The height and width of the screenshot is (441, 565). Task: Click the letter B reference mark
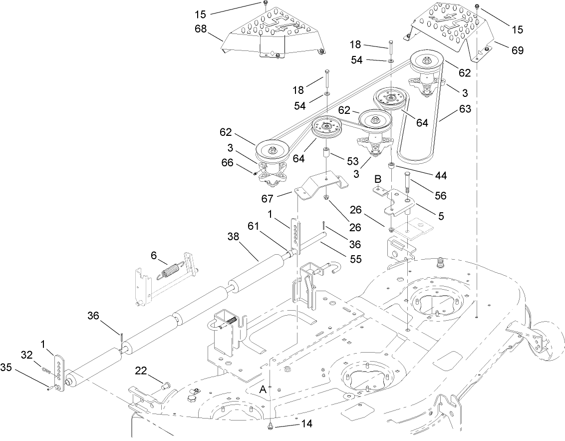click(378, 178)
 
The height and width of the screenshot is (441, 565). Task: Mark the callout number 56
click(441, 195)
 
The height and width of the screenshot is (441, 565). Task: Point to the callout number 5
click(441, 216)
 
